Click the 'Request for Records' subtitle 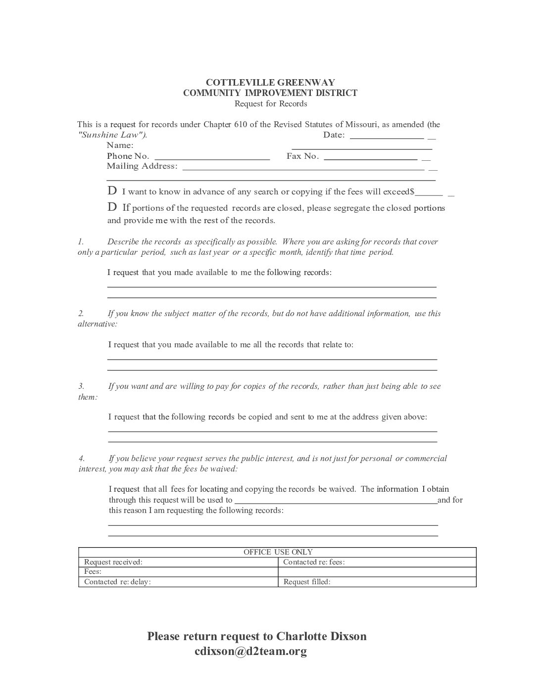point(270,104)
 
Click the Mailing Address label point(142,166)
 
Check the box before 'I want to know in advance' point(112,191)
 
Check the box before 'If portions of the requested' point(112,207)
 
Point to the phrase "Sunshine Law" point(112,135)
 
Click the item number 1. point(81,242)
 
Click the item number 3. point(81,386)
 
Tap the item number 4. point(81,459)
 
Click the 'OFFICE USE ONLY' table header point(278,552)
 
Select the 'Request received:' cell point(113,562)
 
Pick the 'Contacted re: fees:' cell point(314,562)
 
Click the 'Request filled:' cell point(307,582)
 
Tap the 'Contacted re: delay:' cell point(117,582)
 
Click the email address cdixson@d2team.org point(251,652)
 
